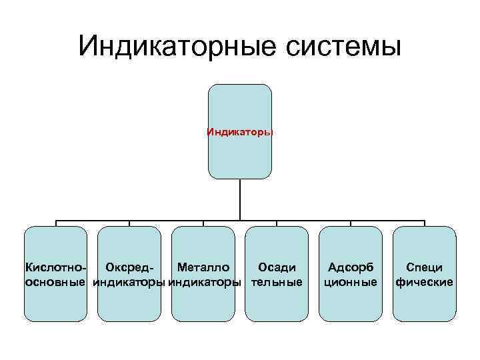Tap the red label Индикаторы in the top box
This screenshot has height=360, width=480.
pos(240,131)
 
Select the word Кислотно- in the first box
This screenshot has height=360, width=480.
pos(56,267)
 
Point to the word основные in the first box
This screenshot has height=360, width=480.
pos(56,282)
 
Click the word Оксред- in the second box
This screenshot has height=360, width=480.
pos(130,267)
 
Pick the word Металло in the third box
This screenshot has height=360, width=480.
pos(203,267)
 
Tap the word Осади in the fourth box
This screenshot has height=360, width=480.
pos(277,267)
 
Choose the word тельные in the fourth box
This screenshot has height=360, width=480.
pos(277,282)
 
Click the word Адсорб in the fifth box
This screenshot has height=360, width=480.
pos(351,267)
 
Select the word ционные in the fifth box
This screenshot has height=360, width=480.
pos(351,282)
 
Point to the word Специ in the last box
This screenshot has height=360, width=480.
pos(425,267)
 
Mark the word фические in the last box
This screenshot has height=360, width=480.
pos(425,282)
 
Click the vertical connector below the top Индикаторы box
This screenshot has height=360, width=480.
pos(240,199)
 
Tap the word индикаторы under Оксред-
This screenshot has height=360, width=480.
pos(129,282)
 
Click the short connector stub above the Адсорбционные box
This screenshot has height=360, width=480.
pos(351,223)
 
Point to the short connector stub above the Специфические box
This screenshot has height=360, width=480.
pos(425,223)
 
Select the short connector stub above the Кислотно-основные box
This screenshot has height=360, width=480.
pos(56,223)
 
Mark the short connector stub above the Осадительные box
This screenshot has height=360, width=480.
pos(277,223)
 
